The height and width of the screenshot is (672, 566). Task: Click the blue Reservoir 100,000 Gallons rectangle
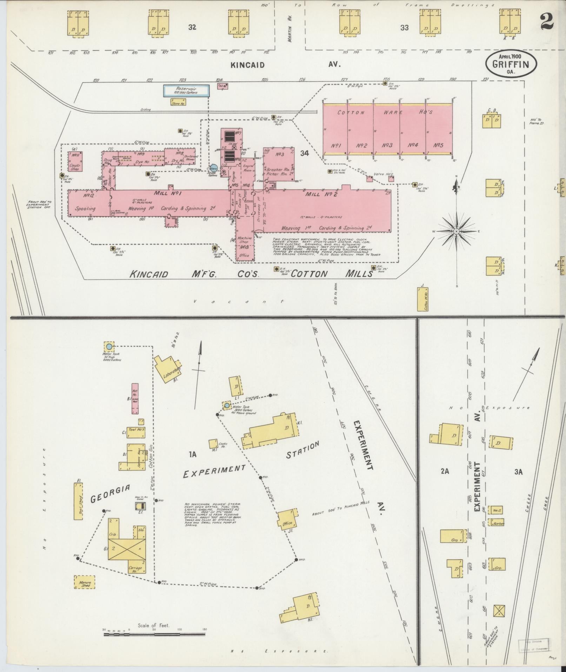coord(187,91)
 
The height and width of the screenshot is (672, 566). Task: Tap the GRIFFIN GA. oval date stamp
coord(511,64)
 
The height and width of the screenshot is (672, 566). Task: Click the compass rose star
coord(456,231)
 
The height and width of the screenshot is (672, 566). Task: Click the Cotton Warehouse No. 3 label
coord(387,145)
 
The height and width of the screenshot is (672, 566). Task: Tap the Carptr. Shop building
coord(75,162)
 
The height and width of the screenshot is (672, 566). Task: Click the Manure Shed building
coord(85,582)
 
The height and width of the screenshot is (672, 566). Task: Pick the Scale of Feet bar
coord(154,634)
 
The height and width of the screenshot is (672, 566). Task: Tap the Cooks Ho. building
coord(213,444)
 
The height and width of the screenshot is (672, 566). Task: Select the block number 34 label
coord(304,153)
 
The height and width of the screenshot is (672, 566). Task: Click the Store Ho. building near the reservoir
coord(178,102)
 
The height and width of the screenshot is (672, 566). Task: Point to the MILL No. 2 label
coord(321,194)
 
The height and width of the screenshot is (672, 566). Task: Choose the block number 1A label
coord(192,455)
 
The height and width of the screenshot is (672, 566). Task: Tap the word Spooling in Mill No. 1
coord(85,208)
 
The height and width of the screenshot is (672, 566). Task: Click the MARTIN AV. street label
coord(290,28)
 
